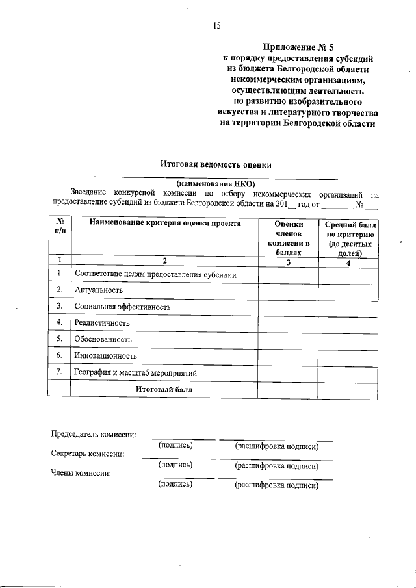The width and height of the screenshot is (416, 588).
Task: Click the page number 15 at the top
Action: click(x=216, y=26)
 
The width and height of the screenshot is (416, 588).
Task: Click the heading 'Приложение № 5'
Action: click(x=298, y=47)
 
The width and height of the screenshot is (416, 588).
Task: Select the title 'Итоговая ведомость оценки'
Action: click(x=216, y=165)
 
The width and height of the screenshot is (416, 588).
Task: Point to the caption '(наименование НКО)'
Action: click(x=216, y=184)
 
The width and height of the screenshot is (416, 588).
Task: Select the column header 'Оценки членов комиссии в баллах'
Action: click(x=289, y=238)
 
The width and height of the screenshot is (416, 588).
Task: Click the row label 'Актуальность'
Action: click(x=98, y=290)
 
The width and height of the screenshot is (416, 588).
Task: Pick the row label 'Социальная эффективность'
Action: click(x=122, y=307)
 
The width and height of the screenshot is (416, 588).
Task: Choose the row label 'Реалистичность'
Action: click(x=102, y=323)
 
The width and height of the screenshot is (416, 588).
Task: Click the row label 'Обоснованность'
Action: click(x=103, y=339)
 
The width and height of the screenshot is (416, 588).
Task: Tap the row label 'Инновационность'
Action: click(x=105, y=356)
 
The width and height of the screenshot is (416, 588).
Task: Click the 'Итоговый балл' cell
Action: click(x=164, y=389)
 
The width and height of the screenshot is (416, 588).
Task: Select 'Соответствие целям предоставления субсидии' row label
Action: click(x=155, y=275)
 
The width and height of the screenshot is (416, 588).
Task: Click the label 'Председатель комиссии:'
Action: click(x=94, y=435)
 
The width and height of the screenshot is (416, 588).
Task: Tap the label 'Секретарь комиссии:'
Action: click(x=88, y=454)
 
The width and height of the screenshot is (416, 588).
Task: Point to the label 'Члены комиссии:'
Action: click(x=81, y=473)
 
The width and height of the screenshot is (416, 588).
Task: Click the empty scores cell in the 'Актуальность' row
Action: click(x=289, y=290)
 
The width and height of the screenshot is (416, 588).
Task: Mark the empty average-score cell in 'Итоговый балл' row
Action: click(x=348, y=389)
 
